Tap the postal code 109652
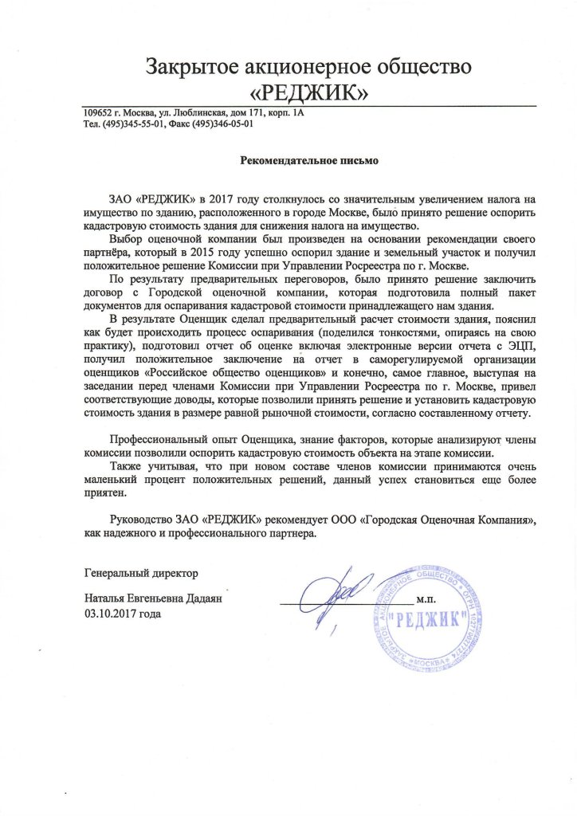tap(99, 113)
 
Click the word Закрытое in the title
tap(194, 66)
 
